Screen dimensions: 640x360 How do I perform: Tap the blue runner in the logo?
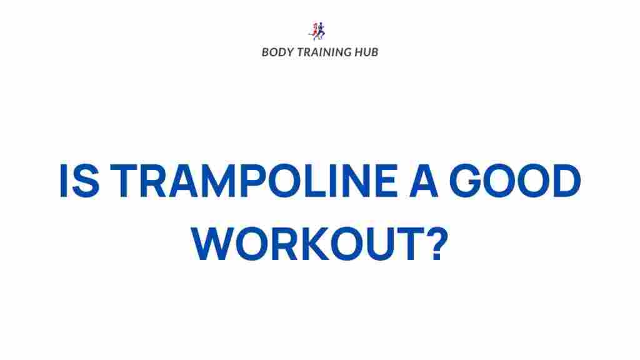pos(321,31)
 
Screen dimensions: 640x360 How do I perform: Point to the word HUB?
pos(366,52)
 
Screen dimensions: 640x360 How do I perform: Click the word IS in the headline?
pos(79,180)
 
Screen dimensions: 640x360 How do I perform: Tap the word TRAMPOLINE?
pos(254,180)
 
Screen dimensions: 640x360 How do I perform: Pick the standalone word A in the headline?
pos(423,180)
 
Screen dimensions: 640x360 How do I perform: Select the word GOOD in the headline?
pos(515,180)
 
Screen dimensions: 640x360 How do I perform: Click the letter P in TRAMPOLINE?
pos(253,180)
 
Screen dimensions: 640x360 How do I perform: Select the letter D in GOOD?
pos(566,180)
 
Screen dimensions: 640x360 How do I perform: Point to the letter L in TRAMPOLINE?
pos(313,180)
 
